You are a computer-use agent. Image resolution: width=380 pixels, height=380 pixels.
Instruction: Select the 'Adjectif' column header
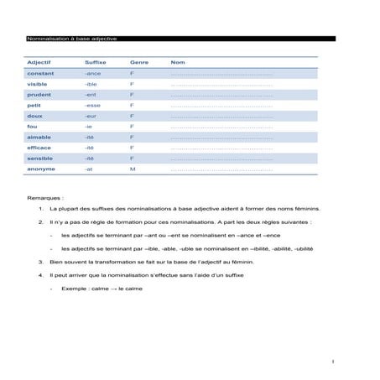(x=39, y=63)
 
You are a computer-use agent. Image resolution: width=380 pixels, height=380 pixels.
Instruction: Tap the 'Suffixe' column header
(x=95, y=63)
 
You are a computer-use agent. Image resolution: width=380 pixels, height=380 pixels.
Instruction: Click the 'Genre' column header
(x=139, y=63)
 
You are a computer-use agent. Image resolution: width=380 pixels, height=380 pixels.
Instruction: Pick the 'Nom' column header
(x=177, y=63)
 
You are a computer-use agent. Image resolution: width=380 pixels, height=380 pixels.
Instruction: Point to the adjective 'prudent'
(x=39, y=95)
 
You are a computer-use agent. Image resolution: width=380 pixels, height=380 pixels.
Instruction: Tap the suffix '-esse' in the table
(x=92, y=106)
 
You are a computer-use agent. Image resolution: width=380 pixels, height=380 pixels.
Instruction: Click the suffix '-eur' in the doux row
(x=91, y=116)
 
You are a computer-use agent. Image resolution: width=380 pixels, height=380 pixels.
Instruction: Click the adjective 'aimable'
(x=39, y=137)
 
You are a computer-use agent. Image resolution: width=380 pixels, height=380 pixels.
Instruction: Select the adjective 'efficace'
(x=40, y=148)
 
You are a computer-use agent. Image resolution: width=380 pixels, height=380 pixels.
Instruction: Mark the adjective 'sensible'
(x=40, y=158)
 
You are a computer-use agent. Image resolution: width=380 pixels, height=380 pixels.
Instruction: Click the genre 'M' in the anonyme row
(x=133, y=169)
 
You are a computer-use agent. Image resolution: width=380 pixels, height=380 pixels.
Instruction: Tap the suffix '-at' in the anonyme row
(x=89, y=169)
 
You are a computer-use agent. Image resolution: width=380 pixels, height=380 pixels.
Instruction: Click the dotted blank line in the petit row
(x=221, y=106)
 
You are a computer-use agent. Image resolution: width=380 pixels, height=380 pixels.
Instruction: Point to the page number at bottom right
(x=333, y=362)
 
